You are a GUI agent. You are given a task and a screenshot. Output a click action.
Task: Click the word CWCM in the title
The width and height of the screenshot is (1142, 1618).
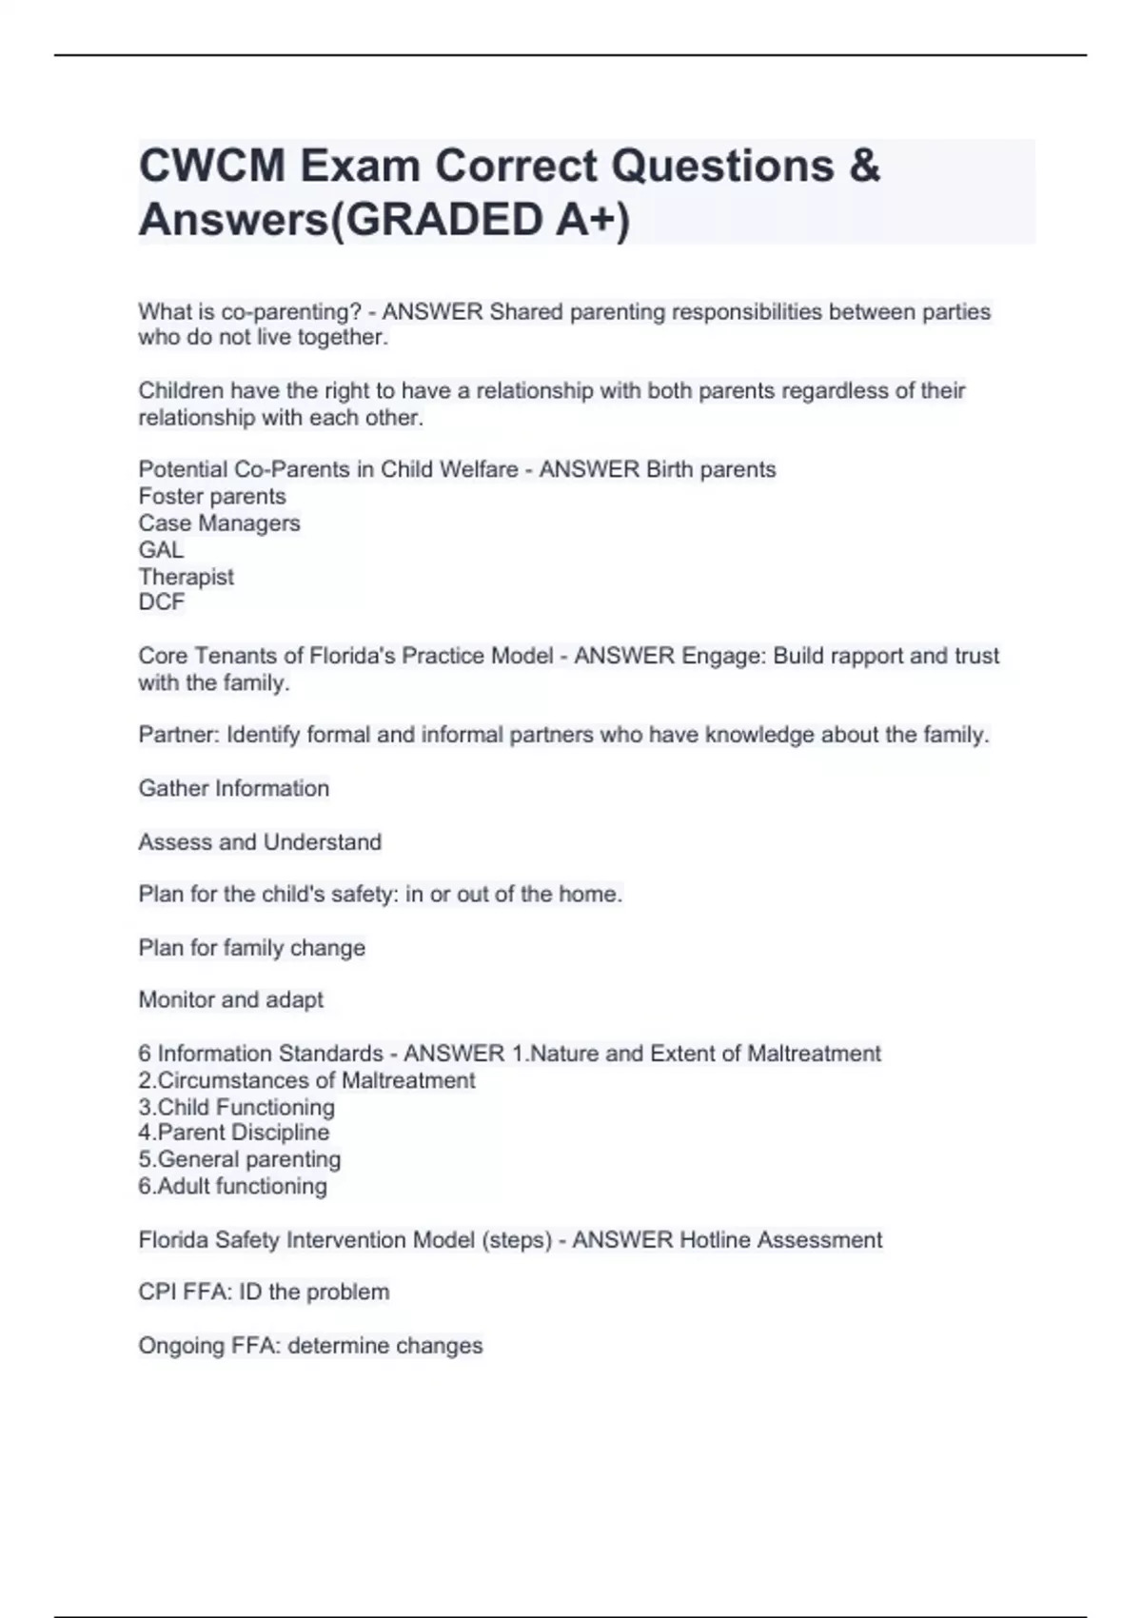point(212,167)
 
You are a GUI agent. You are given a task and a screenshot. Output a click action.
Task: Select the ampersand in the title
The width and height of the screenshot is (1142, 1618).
point(862,167)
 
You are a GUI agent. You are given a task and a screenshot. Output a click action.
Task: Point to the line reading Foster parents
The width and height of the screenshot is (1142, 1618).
point(212,497)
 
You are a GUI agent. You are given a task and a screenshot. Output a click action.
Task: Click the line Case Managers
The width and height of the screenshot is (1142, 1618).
point(219,523)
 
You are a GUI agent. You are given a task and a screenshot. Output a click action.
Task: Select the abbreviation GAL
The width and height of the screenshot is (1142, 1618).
point(161,550)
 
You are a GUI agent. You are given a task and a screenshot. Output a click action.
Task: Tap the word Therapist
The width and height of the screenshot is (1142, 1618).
point(186,577)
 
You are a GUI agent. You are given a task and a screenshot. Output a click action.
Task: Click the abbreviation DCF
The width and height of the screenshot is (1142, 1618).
point(161,602)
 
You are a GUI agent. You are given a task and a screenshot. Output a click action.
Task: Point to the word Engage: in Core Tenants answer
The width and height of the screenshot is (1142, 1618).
point(723,657)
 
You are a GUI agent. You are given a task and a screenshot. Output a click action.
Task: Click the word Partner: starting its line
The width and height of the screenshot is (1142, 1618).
point(179,735)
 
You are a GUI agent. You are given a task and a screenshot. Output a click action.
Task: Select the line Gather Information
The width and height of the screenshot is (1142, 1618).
point(233,788)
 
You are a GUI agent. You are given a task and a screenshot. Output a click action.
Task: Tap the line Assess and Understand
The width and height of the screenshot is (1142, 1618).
point(260,842)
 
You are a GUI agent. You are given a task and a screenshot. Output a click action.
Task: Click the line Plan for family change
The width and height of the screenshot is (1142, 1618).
point(251,948)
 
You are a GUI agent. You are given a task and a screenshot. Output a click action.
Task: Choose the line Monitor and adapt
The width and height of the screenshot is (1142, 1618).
point(230,1000)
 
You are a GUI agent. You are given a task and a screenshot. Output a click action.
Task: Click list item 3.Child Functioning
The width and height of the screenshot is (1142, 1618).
point(236,1107)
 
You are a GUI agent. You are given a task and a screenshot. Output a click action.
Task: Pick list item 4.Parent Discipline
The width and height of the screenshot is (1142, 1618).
point(233,1133)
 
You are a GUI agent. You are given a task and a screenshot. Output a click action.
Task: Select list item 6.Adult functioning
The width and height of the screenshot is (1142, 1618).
point(232,1187)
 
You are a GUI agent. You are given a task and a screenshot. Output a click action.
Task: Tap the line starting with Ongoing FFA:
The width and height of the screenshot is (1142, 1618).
point(310,1346)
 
